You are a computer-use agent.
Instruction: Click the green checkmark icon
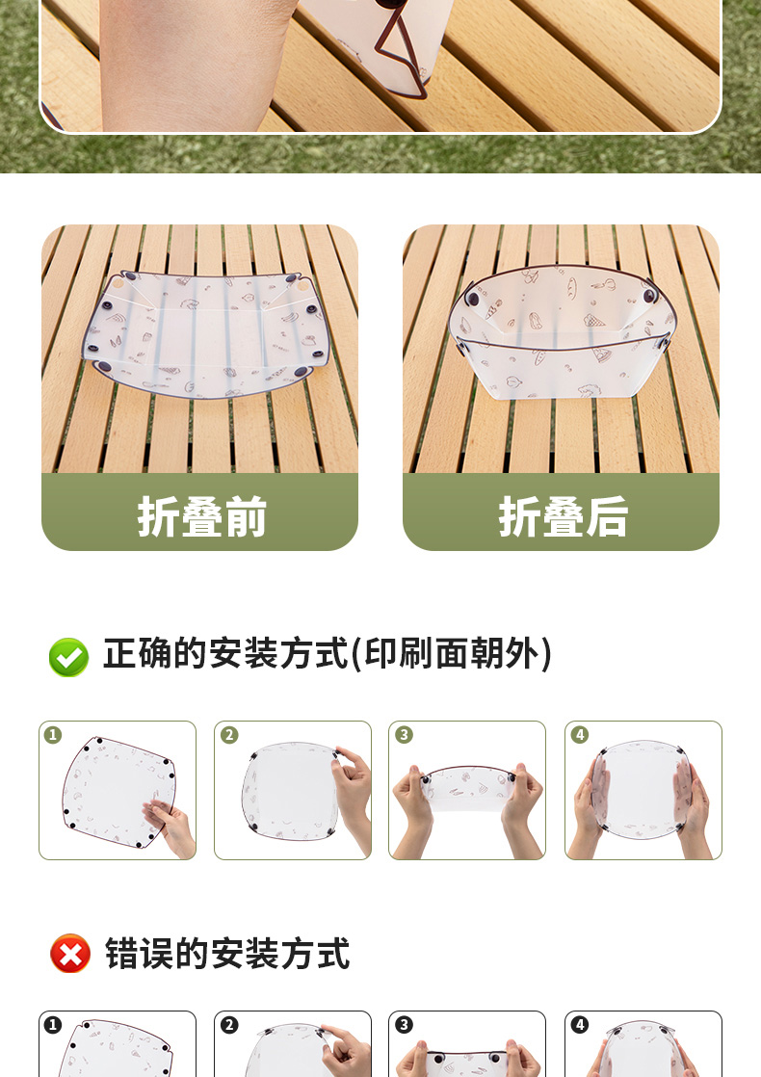tap(68, 657)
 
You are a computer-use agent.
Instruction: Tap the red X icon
tap(70, 954)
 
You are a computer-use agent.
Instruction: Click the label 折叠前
tap(201, 516)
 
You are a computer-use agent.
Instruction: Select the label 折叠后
tap(564, 516)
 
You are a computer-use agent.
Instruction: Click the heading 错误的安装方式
tap(227, 954)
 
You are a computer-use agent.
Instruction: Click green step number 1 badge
tap(53, 735)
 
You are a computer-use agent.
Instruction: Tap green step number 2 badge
tap(229, 735)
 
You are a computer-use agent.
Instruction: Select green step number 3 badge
tap(404, 735)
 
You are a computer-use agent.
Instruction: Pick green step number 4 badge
tap(580, 735)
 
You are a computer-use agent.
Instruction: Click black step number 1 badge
tap(53, 1026)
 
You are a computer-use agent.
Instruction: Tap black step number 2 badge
tap(229, 1026)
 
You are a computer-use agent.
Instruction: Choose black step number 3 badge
tap(404, 1026)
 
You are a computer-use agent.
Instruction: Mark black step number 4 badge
tap(580, 1026)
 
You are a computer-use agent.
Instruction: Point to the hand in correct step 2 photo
tap(354, 797)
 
